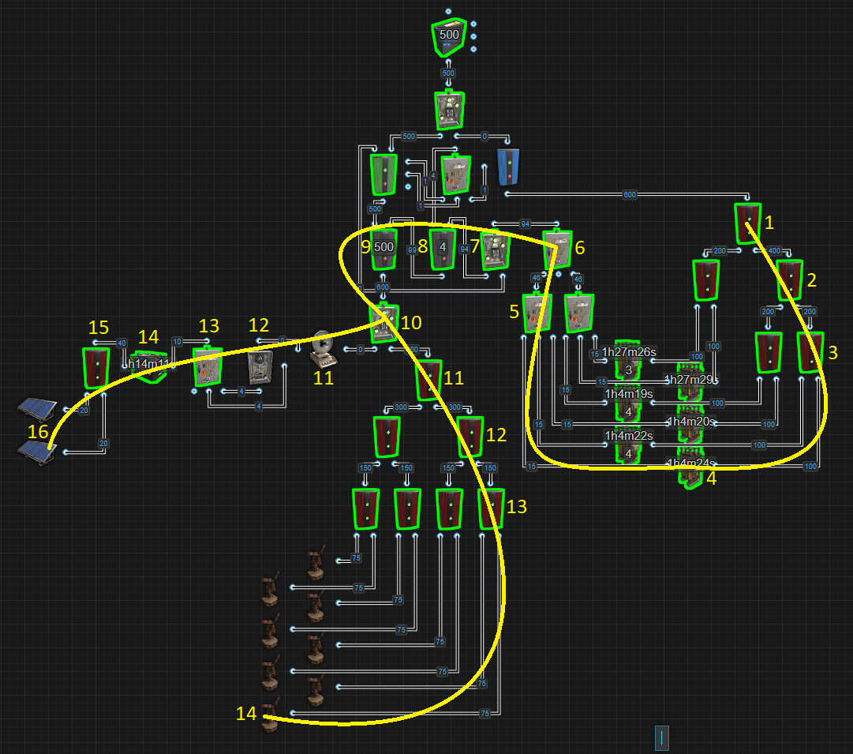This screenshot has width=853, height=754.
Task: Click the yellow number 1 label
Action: [x=769, y=223]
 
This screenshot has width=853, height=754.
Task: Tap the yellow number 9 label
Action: [x=365, y=246]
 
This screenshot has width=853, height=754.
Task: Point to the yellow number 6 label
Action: [x=579, y=248]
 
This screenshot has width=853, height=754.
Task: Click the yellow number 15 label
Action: [x=98, y=327]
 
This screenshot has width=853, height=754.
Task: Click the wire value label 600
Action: [x=629, y=194]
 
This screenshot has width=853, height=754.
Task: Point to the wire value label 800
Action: [x=383, y=288]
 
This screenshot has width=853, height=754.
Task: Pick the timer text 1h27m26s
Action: [x=628, y=352]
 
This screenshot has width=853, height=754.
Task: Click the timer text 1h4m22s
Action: [x=628, y=437]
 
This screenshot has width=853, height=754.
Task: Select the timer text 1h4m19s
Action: [x=628, y=394]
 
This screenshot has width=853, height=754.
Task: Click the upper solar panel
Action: [x=37, y=410]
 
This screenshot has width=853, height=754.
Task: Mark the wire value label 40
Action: [x=121, y=343]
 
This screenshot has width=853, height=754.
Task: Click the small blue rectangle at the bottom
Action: [x=661, y=738]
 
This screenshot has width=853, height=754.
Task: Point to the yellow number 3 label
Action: [x=833, y=353]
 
